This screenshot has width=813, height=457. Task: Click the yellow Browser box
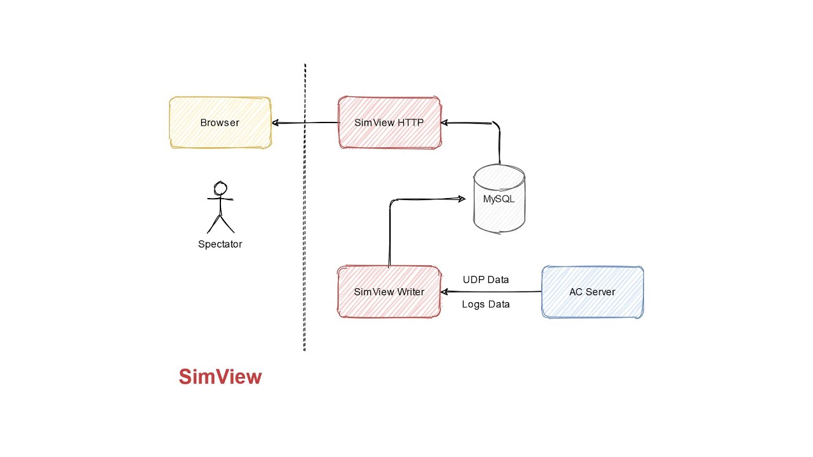pos(220,123)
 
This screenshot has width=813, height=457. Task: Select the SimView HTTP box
pos(389,123)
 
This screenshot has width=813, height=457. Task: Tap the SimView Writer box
pos(389,292)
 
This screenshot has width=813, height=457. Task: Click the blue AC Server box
pos(592,292)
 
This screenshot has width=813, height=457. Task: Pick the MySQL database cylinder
pos(499,199)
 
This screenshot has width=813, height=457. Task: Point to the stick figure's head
pos(220,189)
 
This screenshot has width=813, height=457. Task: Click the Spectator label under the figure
pos(220,244)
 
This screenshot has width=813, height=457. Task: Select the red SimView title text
pos(220,376)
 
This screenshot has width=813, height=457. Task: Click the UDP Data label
pos(485,279)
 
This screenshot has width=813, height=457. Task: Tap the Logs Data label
pos(485,304)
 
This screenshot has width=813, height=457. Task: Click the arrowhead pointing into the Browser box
pos(276,123)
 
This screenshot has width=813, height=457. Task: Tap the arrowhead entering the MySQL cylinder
pos(461,199)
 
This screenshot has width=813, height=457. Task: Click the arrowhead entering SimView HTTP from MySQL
pos(446,121)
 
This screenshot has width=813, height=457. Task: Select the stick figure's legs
pos(220,223)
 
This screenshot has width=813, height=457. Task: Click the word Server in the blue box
pos(600,292)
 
